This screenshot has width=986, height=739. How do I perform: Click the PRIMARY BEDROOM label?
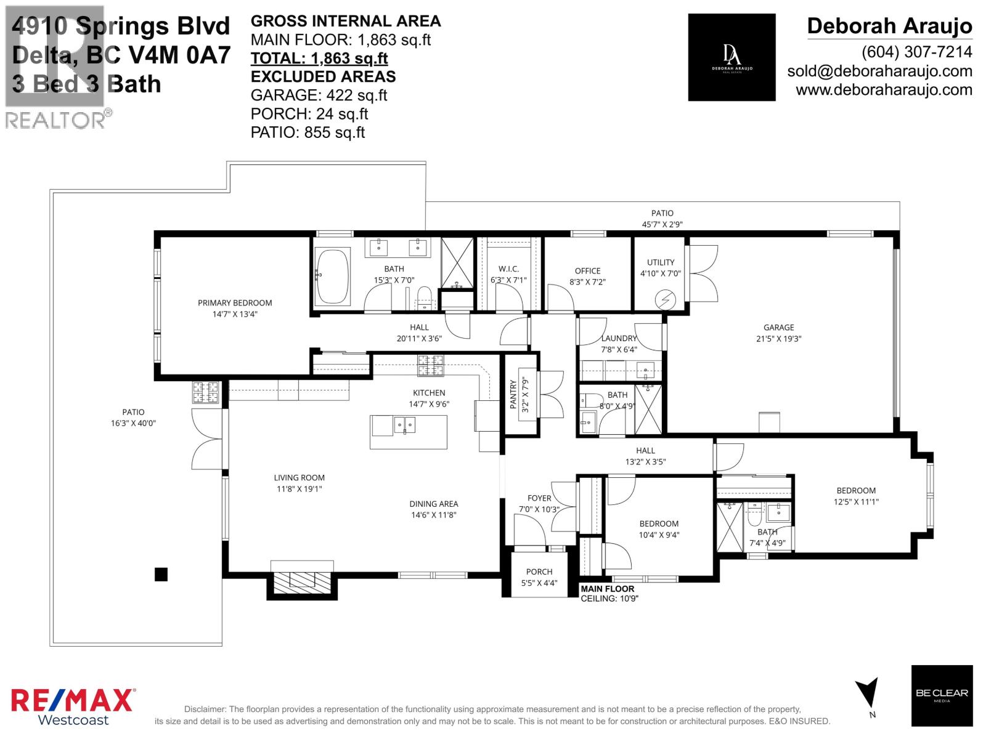point(234,303)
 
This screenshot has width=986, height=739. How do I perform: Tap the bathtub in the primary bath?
point(332,276)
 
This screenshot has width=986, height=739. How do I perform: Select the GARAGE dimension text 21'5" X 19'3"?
point(778,339)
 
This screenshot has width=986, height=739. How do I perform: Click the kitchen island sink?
point(405,425)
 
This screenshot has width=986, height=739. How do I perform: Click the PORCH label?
point(539,571)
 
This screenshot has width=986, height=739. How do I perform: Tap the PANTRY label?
point(513,394)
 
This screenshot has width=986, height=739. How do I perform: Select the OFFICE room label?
point(587,271)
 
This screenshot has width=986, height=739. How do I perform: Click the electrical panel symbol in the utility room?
point(666,300)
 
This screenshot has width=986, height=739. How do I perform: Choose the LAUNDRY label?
point(619,338)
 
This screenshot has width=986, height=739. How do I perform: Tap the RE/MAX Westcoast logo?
point(73,706)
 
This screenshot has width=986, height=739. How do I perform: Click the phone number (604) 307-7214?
point(916,52)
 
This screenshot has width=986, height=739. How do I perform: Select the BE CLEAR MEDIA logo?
point(942,695)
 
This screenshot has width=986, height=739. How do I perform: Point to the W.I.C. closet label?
point(508,269)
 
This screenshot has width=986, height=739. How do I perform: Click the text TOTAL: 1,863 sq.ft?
point(319,59)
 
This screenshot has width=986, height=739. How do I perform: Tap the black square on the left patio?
point(161,574)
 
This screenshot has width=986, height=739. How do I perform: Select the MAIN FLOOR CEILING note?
point(609,593)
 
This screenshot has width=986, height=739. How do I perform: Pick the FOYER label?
point(539,498)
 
